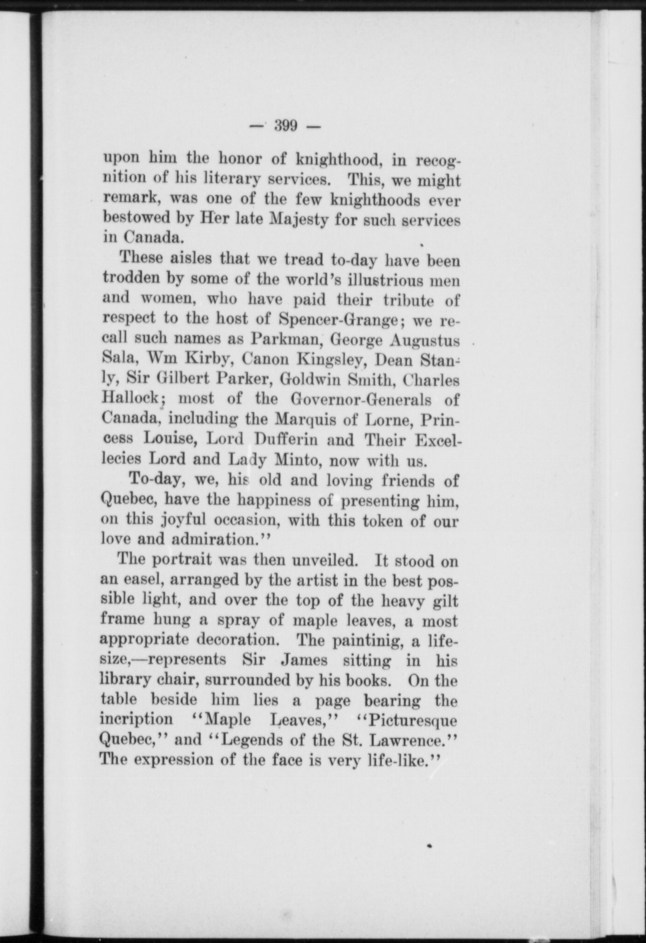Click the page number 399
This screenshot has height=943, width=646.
(286, 125)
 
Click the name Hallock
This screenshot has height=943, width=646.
(132, 399)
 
